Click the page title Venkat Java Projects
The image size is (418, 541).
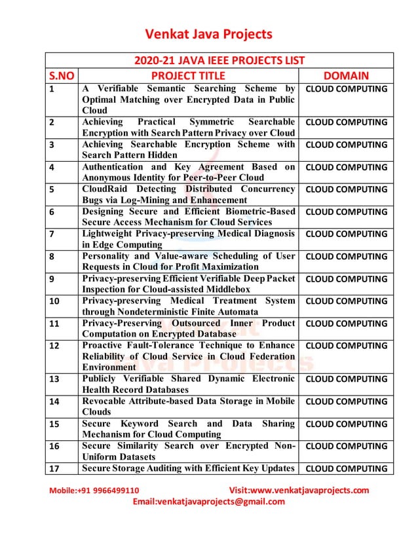[x=208, y=34]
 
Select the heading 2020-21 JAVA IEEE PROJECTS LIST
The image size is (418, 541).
[x=219, y=60]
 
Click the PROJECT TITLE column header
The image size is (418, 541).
[x=188, y=75]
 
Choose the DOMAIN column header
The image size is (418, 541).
[x=346, y=75]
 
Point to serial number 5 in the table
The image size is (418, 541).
[x=52, y=189]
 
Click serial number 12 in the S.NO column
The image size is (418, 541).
[x=54, y=346]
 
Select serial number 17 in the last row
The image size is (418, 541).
[x=54, y=468]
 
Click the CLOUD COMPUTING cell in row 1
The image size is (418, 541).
[x=347, y=88]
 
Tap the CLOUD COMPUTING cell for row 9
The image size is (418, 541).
[x=347, y=279]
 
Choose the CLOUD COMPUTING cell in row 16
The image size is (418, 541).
[x=347, y=446]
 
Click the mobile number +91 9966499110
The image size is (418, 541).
[x=107, y=490]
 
